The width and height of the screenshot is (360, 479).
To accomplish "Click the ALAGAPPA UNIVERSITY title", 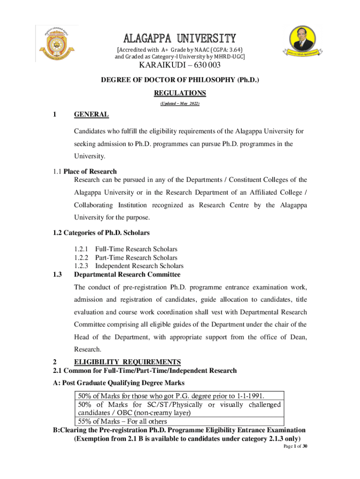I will point(180,38).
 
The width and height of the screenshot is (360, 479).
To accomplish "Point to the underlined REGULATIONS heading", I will point(180,93).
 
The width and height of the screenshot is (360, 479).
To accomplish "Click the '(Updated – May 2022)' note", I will point(180,103).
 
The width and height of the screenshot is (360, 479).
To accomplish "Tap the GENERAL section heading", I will point(92,115).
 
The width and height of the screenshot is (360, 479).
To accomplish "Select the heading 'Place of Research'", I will point(90,171).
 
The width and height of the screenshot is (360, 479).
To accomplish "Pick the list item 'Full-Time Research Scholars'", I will point(136,249).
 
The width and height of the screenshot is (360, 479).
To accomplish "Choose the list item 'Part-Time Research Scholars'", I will point(136,258).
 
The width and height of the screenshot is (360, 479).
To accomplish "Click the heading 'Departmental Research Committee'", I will point(127,275).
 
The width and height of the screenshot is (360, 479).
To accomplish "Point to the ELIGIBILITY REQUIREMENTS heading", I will point(128,362).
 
